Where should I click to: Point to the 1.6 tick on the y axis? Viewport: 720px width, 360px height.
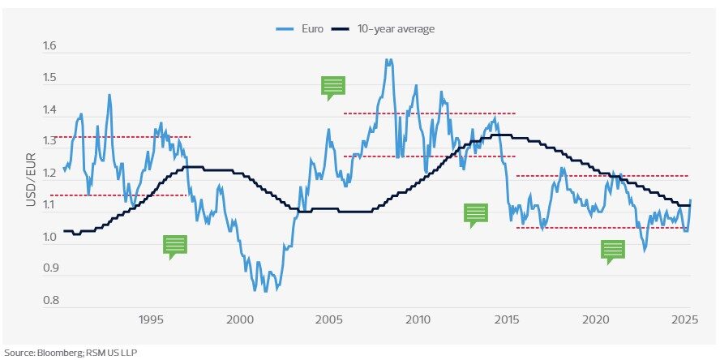point(50,46)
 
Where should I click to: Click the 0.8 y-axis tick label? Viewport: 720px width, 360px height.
point(50,301)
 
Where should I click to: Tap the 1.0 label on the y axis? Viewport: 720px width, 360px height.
point(50,238)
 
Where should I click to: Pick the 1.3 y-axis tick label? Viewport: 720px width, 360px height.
point(50,142)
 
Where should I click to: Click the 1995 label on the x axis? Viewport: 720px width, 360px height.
point(152,320)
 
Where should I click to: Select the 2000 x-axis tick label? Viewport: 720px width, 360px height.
point(241,320)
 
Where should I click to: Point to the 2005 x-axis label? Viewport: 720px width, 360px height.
point(330,320)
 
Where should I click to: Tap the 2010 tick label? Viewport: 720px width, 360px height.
point(419,320)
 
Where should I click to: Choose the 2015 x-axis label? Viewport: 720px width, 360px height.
point(508,320)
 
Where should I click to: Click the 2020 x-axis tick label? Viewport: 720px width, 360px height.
point(597,320)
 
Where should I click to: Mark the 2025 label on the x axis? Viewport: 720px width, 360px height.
point(685,320)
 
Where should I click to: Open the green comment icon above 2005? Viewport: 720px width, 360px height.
point(332,86)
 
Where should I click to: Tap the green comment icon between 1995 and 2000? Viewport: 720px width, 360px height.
point(174,245)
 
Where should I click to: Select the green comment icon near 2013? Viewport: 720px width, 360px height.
point(476,212)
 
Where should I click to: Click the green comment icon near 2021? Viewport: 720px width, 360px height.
point(613,250)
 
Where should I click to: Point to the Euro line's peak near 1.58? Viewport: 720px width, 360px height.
point(388,59)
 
